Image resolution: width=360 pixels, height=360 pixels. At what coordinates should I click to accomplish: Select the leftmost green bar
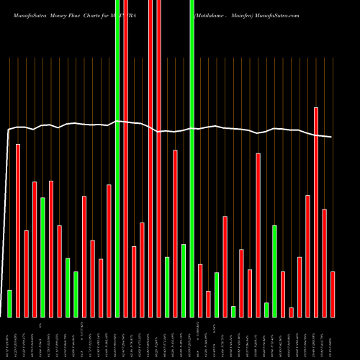9,303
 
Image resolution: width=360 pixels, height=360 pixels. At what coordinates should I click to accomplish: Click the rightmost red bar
332,294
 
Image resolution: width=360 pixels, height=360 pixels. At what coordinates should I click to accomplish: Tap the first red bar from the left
18,230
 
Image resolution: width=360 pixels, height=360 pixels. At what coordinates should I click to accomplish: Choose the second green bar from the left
42,257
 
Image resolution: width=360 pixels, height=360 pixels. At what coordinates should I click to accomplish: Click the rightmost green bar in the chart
274,271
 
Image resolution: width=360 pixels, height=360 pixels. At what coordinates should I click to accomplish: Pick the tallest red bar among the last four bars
315,212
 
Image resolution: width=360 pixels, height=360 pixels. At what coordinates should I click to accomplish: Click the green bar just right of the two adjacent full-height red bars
167,287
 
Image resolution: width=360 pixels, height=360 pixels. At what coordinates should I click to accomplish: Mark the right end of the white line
332,137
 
